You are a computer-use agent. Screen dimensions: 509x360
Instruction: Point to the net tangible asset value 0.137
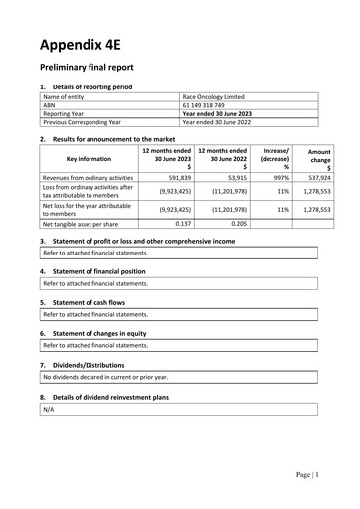click(182, 224)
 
